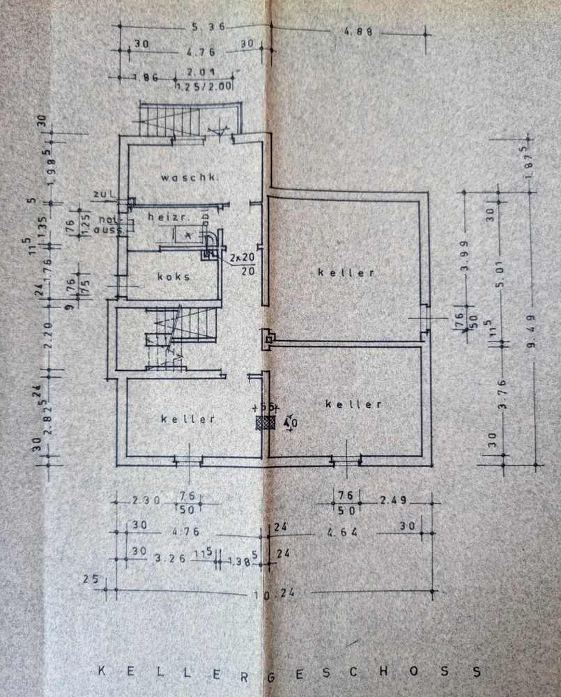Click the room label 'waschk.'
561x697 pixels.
coord(190,178)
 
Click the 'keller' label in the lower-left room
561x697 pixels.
coord(187,419)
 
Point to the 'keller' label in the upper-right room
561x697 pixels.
coord(346,273)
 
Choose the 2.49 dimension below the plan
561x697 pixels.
coord(394,500)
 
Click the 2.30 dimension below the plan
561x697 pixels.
coord(147,499)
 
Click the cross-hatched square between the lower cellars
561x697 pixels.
coord(266,422)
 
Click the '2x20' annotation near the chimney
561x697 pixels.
coord(239,257)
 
